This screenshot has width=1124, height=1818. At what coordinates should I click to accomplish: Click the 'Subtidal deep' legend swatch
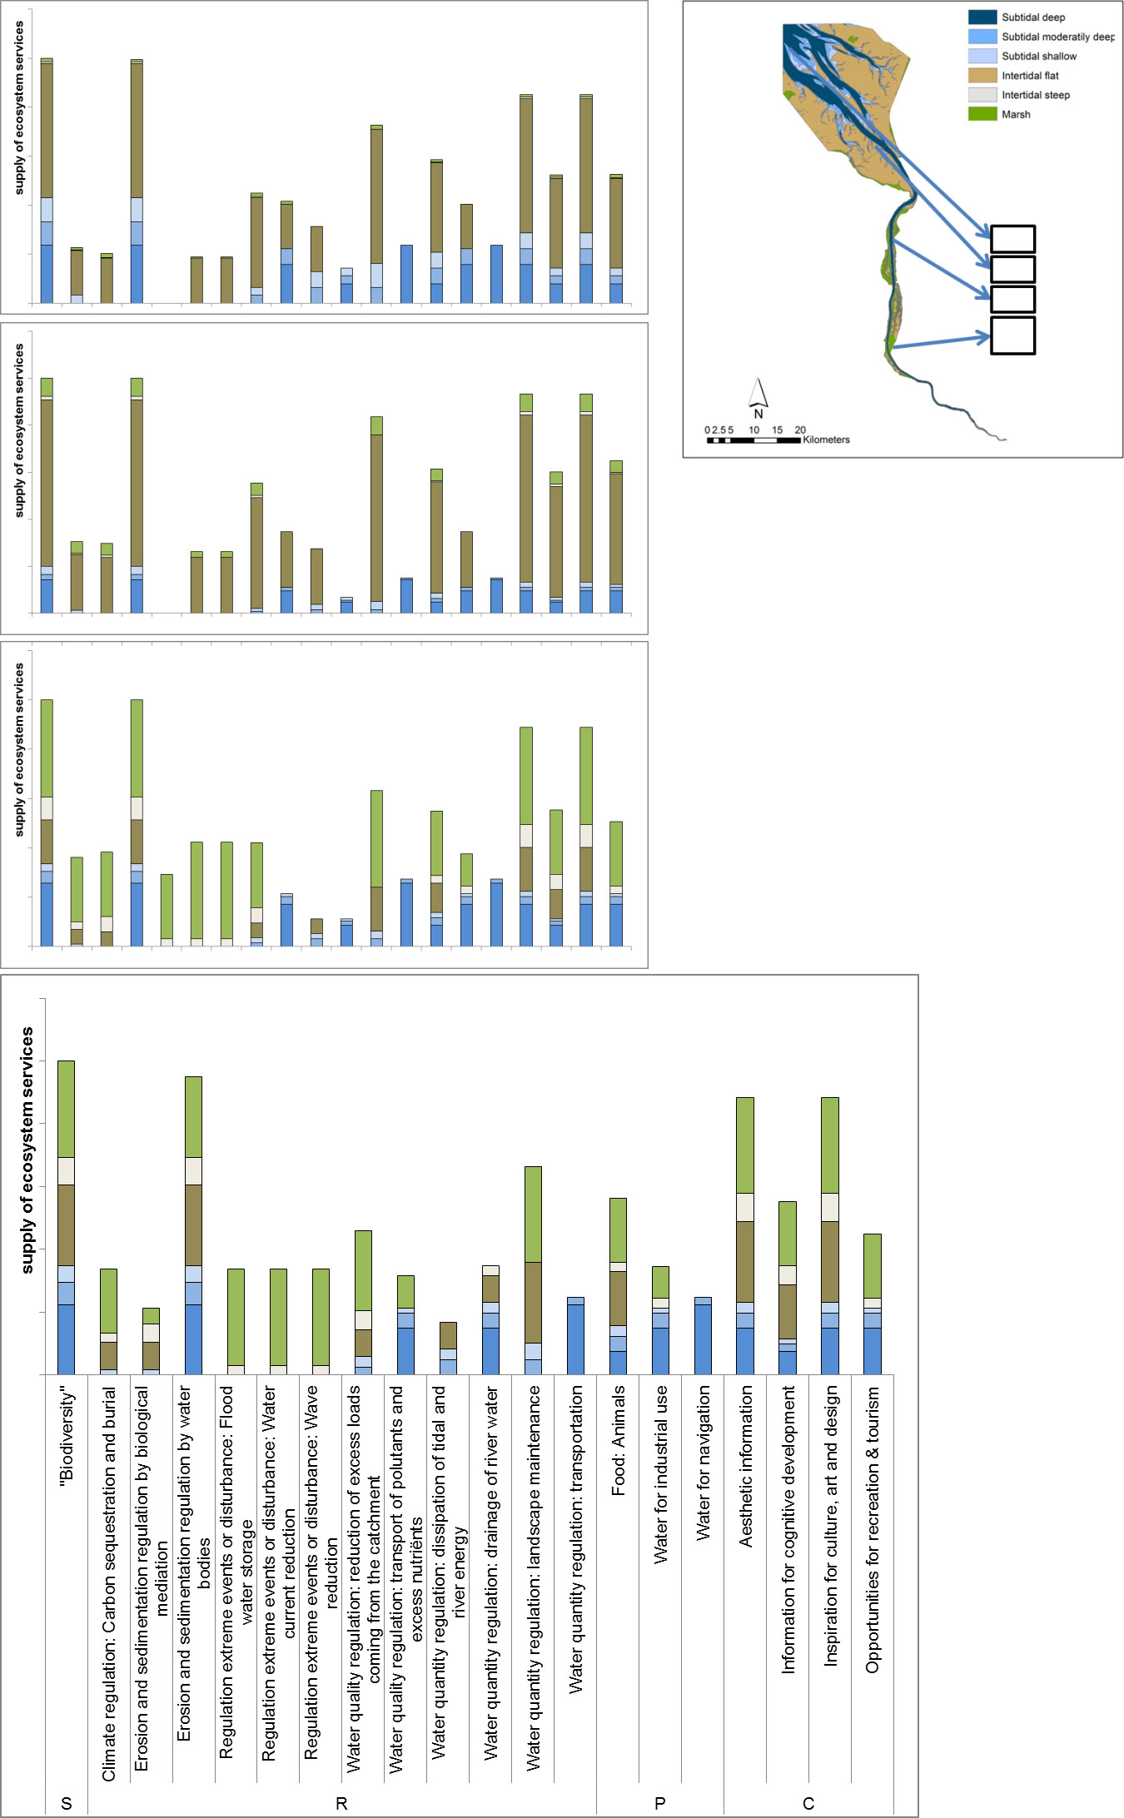982,17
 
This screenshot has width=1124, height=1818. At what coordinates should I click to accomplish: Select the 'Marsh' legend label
1016,115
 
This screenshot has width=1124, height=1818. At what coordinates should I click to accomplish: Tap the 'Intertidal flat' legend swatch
982,76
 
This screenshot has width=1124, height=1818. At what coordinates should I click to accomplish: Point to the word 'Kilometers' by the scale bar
826,440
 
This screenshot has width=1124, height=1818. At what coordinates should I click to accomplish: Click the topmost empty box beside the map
1012,239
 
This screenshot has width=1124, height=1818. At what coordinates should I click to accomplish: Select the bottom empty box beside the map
1012,335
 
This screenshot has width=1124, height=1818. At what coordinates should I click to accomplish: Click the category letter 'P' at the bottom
660,1803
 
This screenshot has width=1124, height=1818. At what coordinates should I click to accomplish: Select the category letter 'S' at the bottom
67,1803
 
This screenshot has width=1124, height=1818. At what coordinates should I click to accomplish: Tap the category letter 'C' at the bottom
808,1803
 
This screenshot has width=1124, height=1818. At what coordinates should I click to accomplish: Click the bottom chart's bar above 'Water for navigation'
703,1335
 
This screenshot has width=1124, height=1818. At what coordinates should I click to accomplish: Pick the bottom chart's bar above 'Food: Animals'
618,1286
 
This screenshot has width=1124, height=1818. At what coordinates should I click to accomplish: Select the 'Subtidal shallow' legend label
1039,57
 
